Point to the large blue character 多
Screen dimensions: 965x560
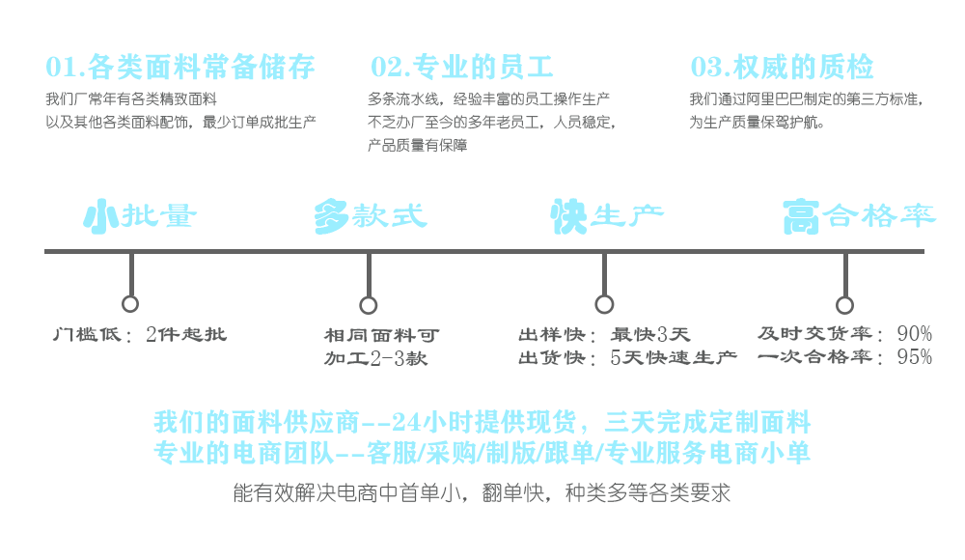[332, 217]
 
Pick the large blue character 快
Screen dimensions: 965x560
[569, 217]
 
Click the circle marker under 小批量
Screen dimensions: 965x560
[130, 304]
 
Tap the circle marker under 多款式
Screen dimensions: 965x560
[368, 305]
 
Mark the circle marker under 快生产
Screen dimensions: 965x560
[604, 305]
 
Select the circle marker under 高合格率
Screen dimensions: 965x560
[844, 305]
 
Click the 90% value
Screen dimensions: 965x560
[914, 334]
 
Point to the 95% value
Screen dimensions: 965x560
[914, 357]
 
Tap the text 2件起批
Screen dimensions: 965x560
[186, 335]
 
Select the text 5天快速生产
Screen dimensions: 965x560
[674, 358]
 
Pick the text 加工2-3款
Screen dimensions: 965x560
[375, 359]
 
